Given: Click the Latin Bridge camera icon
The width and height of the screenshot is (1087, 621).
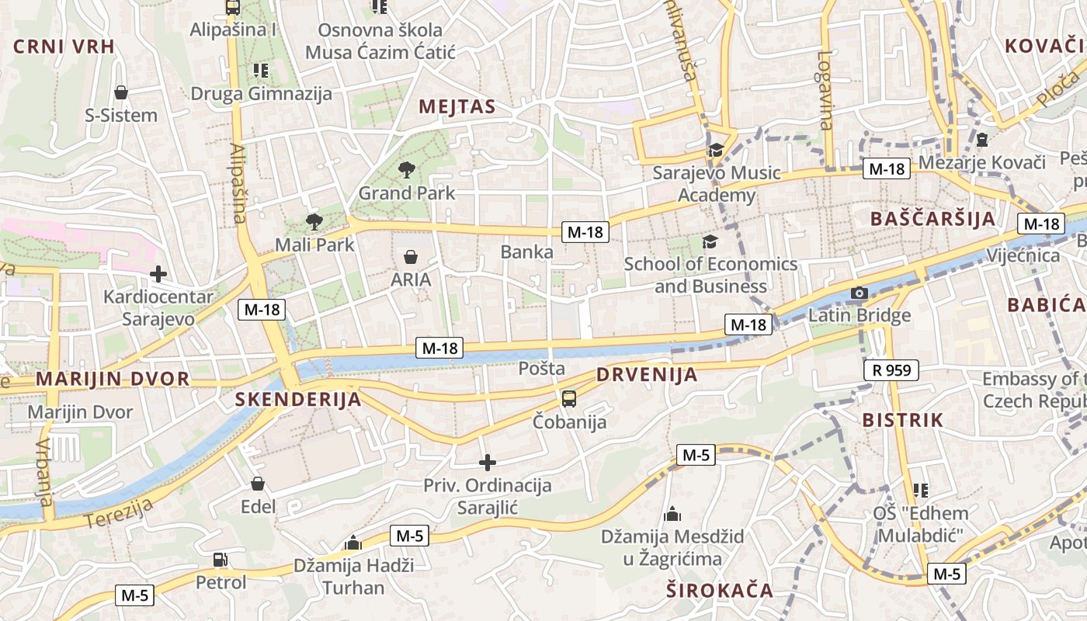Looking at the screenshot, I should (x=859, y=293).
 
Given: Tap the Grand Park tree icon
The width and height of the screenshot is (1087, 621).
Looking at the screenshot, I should (x=406, y=169).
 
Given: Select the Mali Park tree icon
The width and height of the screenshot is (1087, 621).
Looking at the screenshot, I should (x=314, y=222).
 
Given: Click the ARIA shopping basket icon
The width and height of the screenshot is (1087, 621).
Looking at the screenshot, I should (x=410, y=256).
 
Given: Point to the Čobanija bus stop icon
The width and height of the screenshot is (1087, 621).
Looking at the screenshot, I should (x=569, y=399).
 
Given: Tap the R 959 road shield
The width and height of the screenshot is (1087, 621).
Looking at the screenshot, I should (x=891, y=370).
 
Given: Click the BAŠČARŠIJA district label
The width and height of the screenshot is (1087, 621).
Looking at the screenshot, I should (x=932, y=218).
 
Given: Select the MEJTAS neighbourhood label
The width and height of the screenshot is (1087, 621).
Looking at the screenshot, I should (x=457, y=106).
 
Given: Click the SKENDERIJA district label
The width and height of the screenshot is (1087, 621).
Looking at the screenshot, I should (x=298, y=400).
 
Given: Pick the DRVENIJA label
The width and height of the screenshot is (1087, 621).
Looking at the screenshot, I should (x=647, y=375).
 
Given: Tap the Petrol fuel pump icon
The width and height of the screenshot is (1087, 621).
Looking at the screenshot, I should (x=221, y=559).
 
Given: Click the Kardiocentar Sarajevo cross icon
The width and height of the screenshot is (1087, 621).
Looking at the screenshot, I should (x=158, y=273).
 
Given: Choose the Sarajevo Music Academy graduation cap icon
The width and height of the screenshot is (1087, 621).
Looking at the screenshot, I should (x=715, y=150).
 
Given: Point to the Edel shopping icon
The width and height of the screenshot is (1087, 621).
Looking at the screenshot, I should (x=258, y=484).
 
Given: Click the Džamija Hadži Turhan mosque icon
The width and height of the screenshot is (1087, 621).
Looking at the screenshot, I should (x=353, y=542).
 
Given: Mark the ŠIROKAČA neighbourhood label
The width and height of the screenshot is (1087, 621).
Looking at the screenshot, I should (x=720, y=591).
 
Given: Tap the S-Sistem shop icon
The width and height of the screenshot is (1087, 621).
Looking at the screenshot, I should (x=121, y=92).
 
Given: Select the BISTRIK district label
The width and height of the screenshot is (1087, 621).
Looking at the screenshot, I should (x=903, y=420).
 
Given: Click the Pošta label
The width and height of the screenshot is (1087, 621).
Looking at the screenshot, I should (x=541, y=369).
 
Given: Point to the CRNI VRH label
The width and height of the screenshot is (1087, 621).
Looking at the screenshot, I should (x=64, y=47).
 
